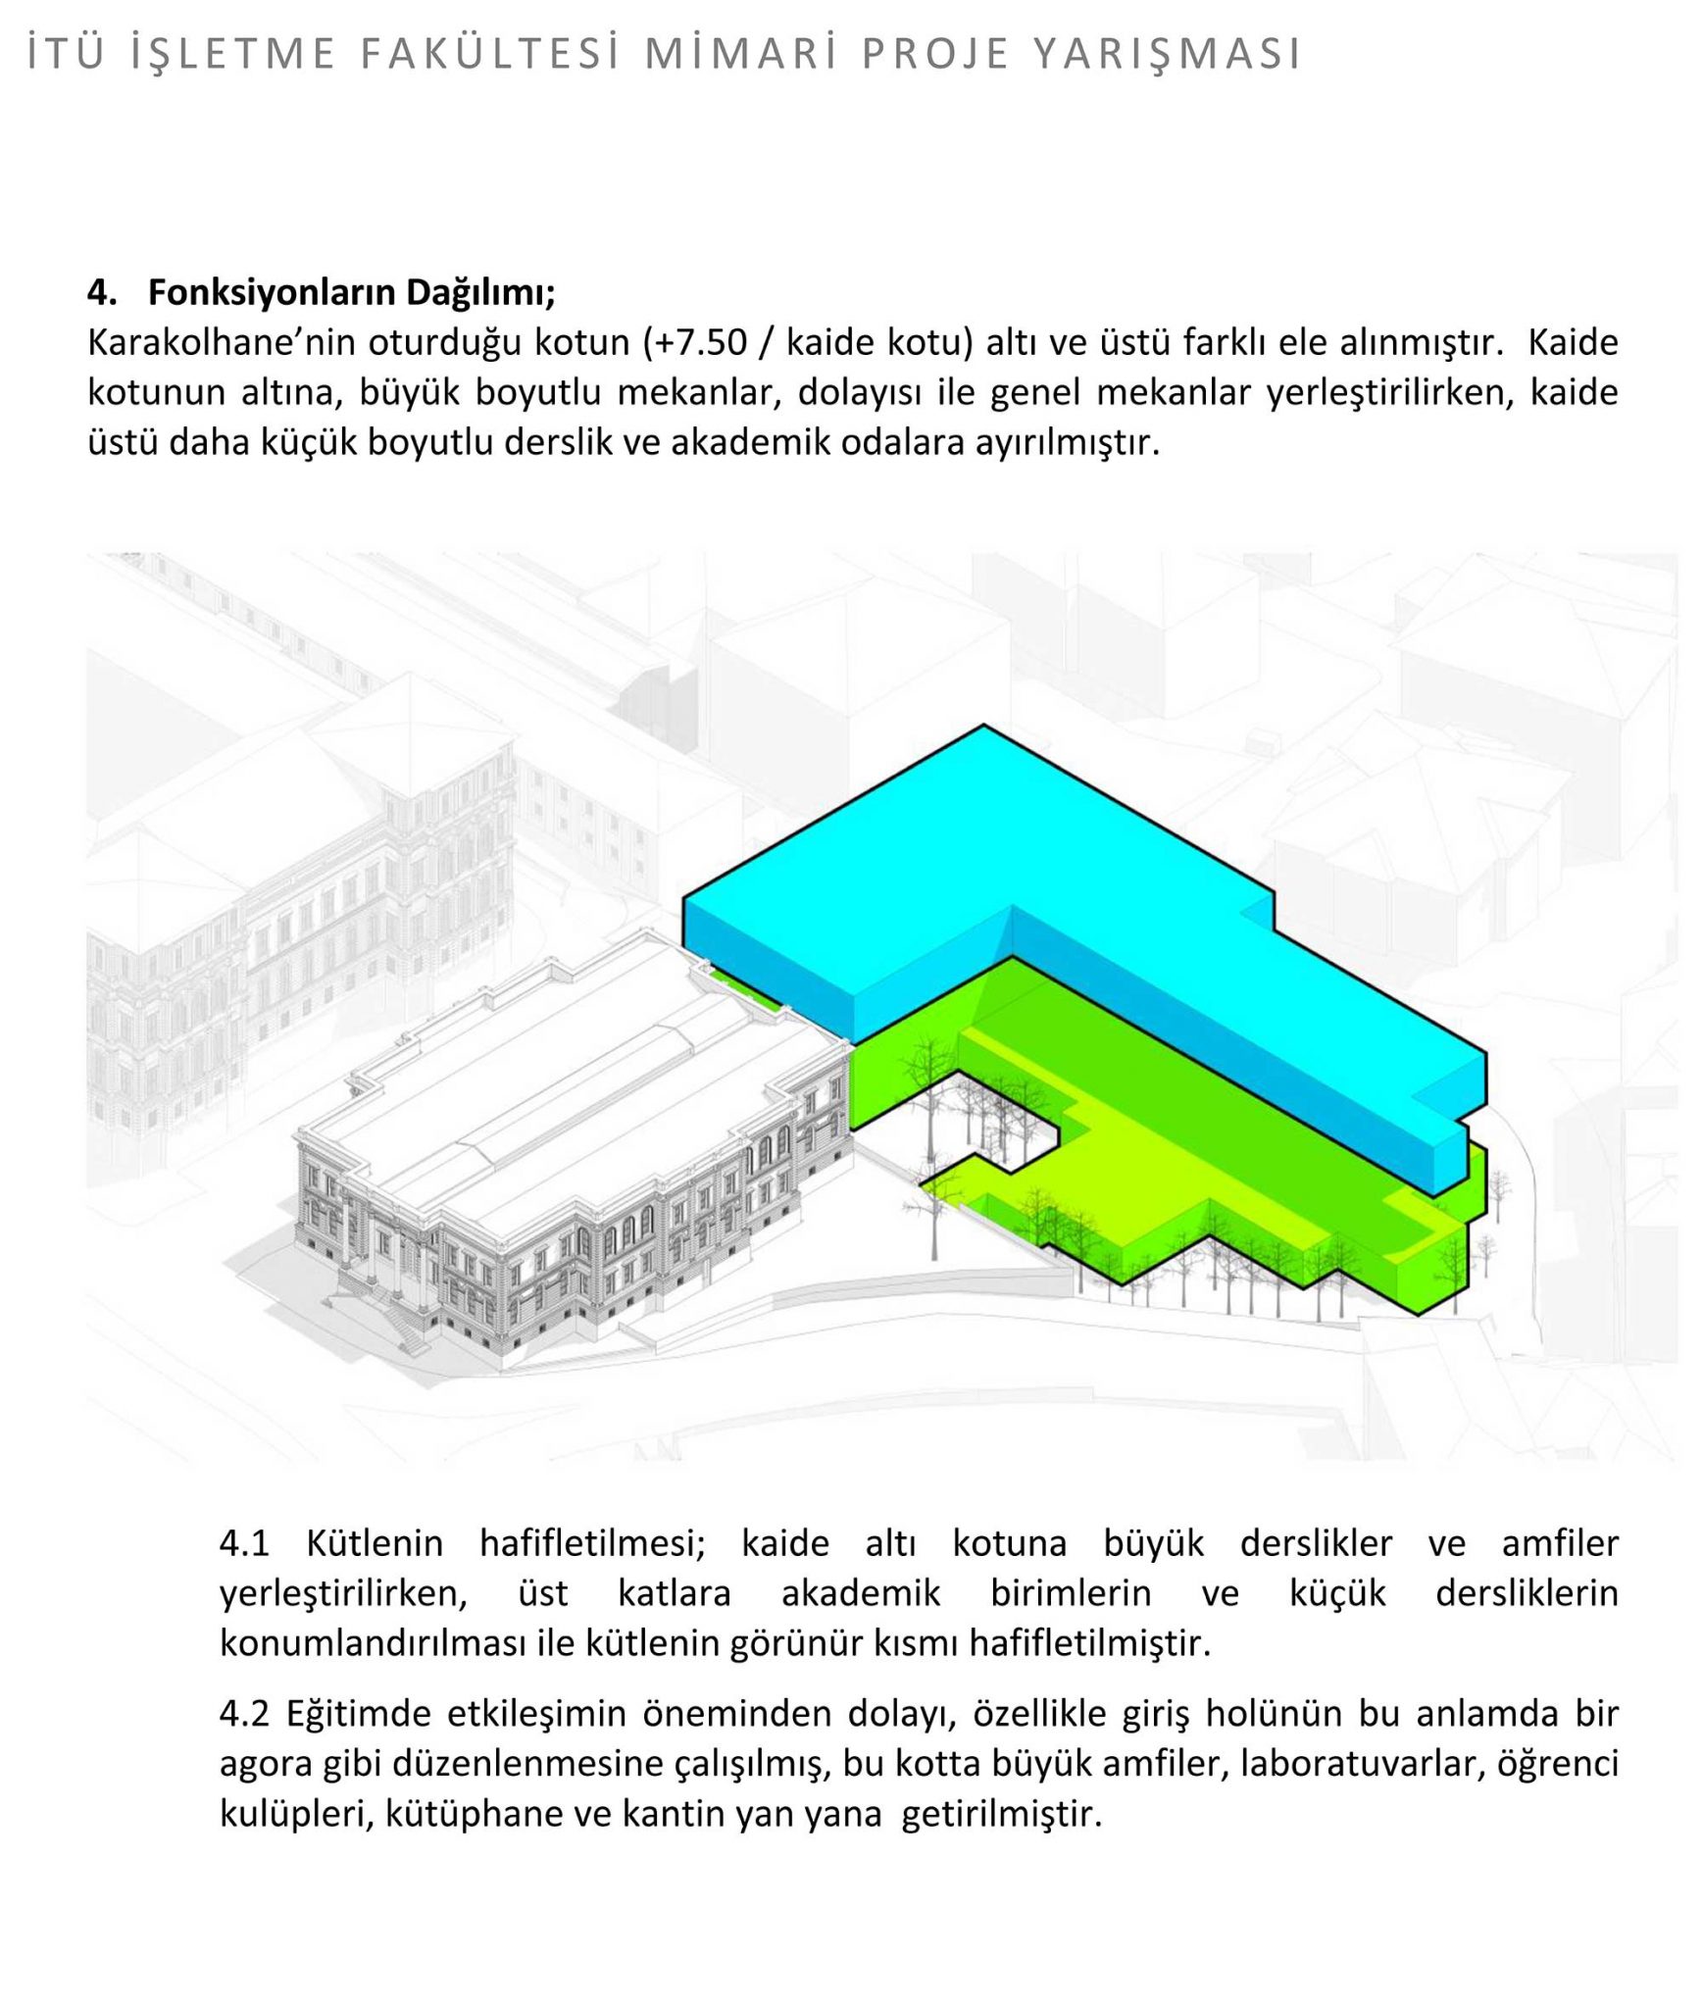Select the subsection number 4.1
coord(244,1543)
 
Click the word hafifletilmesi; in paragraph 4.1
coord(592,1543)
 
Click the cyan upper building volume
coord(980,863)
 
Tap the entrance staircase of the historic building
coord(397,1319)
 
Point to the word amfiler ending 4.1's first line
coord(1559,1543)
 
